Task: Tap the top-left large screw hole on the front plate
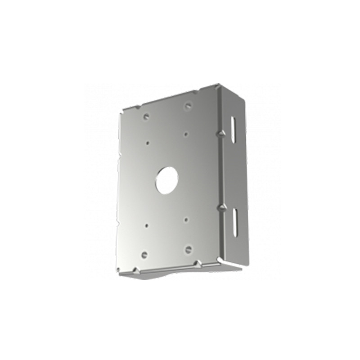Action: point(146,117)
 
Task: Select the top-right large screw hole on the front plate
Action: point(188,106)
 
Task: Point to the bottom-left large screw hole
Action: point(144,254)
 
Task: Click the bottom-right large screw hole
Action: point(188,249)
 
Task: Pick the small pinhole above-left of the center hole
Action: point(147,142)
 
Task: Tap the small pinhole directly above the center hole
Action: point(186,133)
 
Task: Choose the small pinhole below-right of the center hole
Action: point(186,220)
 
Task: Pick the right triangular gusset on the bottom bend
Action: point(198,262)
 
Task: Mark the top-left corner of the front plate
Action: point(123,110)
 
